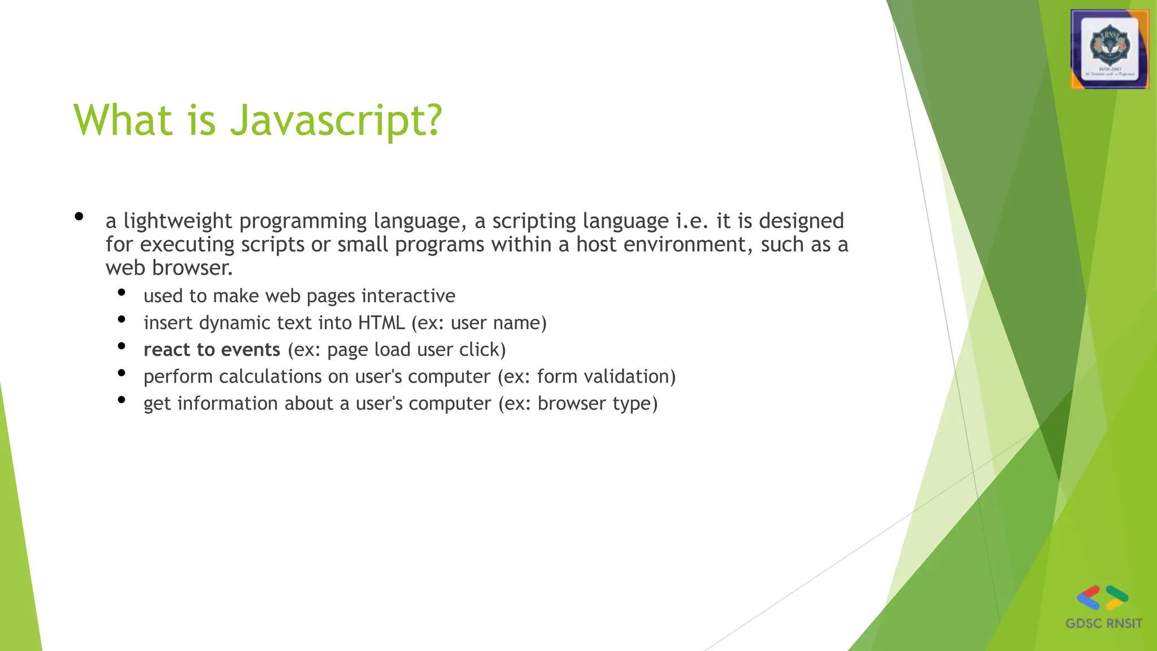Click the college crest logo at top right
[x=1110, y=49]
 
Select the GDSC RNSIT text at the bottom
[x=1103, y=623]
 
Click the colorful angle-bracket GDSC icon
[x=1102, y=598]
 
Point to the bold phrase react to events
[x=212, y=350]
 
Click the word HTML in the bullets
[x=381, y=323]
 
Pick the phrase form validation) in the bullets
[x=606, y=376]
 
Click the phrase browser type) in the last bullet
[x=598, y=403]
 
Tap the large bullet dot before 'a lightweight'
[x=79, y=217]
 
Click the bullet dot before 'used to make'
[x=121, y=292]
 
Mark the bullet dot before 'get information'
[x=121, y=400]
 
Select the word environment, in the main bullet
[x=688, y=245]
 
